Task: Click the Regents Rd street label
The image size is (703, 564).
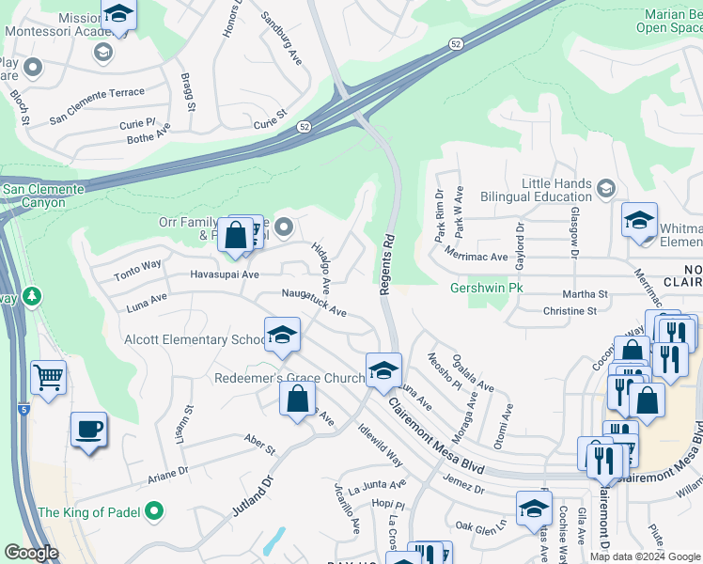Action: coord(386,269)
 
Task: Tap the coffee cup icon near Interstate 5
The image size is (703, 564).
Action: coord(89,430)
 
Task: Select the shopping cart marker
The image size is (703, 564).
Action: coord(48,378)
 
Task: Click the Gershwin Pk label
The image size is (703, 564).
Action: coord(485,288)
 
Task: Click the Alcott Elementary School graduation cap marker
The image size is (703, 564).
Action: coord(281,337)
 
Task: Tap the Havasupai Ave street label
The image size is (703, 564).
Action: coord(225,274)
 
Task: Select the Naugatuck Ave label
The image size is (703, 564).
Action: coord(315,304)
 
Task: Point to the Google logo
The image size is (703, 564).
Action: coord(31,553)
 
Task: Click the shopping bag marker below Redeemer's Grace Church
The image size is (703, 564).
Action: coord(297,398)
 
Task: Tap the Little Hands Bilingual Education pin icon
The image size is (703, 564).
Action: coord(606,189)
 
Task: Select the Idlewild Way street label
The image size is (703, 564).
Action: coord(380,445)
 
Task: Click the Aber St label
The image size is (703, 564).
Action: coord(258,444)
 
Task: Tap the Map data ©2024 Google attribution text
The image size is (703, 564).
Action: coord(643,556)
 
